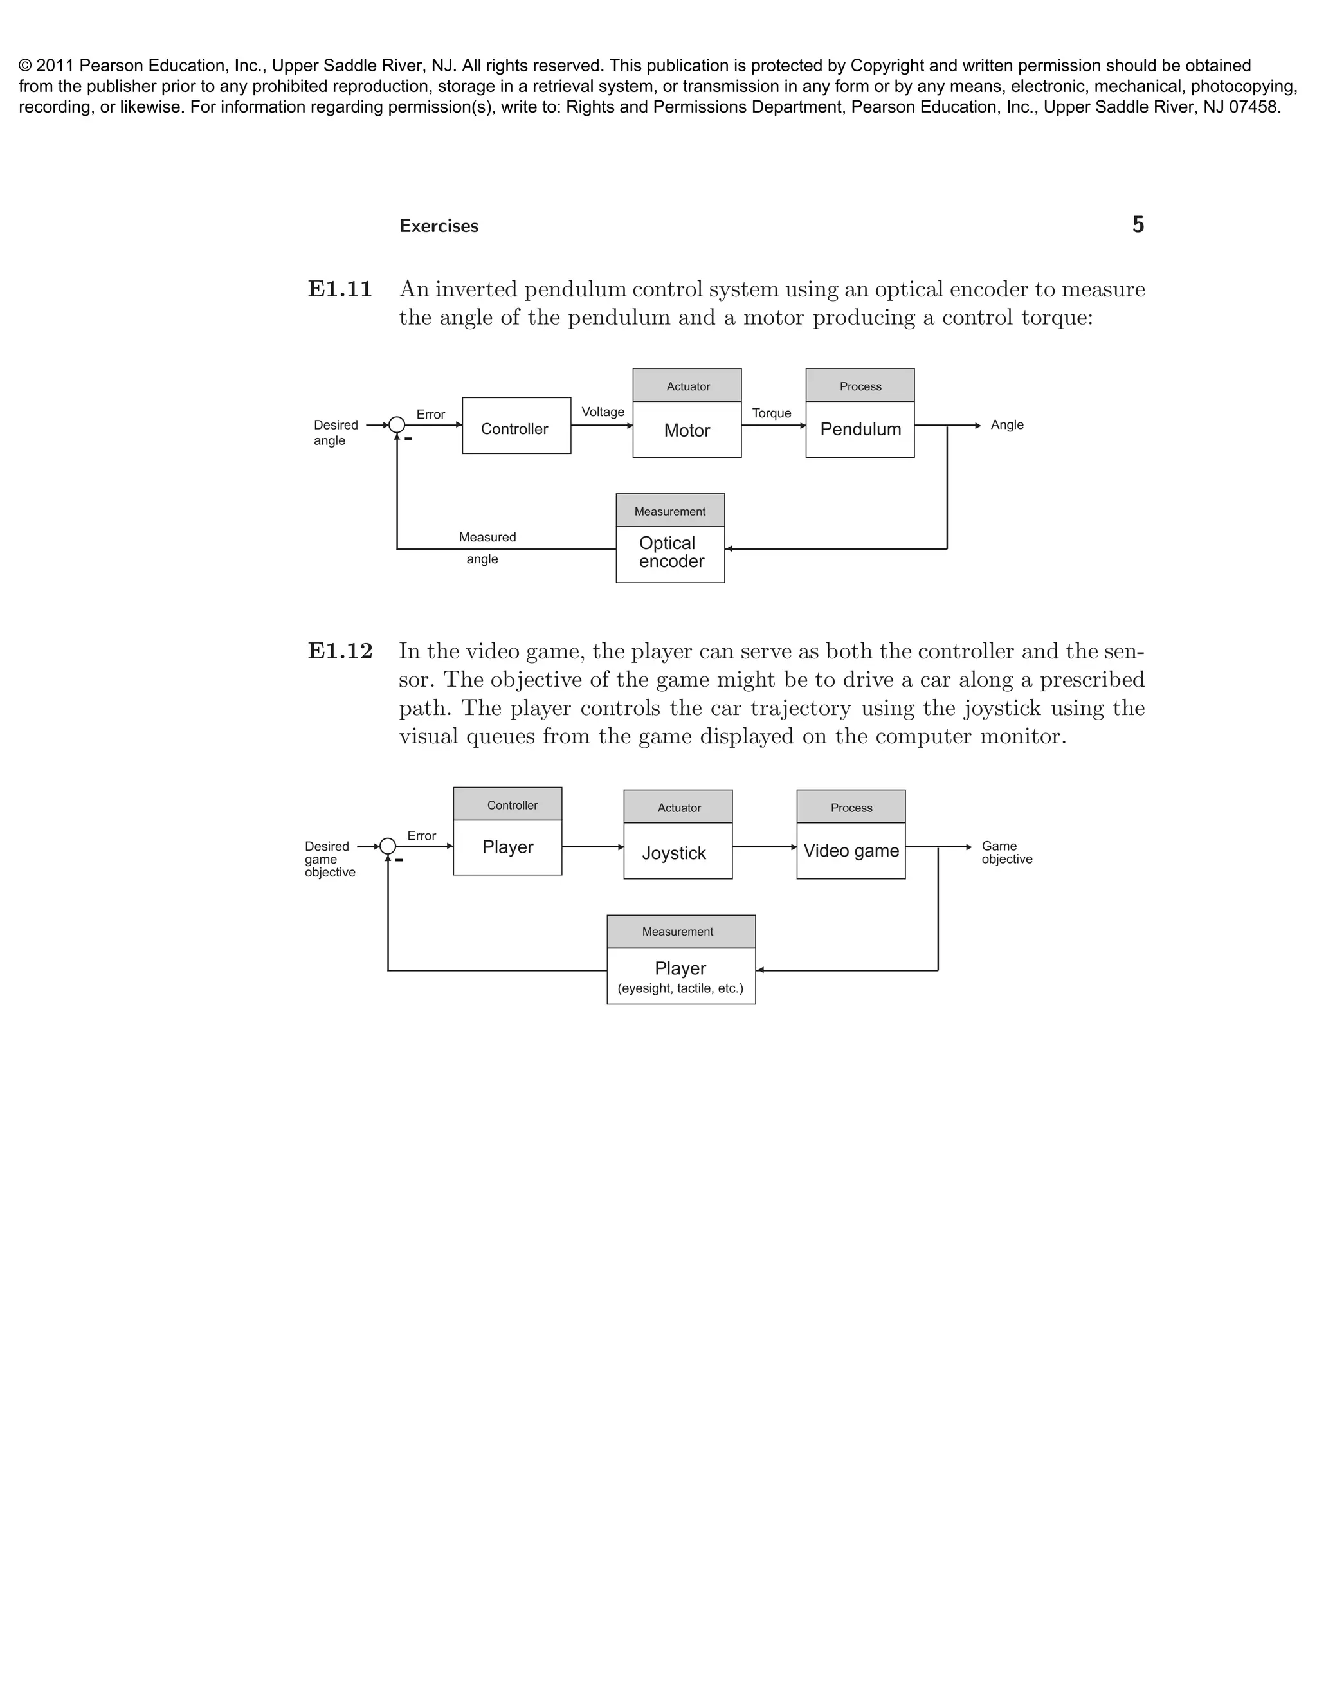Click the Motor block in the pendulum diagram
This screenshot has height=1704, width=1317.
pos(687,430)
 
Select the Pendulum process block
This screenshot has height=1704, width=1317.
pos(860,429)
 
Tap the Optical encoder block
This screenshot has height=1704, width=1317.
pos(670,553)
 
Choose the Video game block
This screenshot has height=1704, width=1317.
pos(850,851)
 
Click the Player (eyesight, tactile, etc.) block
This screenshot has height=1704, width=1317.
pos(680,976)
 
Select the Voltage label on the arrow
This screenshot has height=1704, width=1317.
pos(603,412)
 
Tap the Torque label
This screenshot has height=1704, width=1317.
pos(771,413)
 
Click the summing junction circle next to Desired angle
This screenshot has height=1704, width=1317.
pos(396,425)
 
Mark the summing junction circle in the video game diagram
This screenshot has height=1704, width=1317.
pos(388,847)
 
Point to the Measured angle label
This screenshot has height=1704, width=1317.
pos(486,548)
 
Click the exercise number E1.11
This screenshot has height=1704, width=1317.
pos(340,289)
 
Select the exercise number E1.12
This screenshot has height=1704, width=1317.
pos(340,651)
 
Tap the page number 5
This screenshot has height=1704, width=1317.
pos(1138,226)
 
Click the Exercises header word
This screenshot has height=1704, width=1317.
pos(439,226)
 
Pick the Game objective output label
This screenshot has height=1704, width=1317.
pos(1006,853)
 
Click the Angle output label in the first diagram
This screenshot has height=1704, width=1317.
pos(1006,425)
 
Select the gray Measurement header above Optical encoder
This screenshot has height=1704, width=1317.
pos(669,511)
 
